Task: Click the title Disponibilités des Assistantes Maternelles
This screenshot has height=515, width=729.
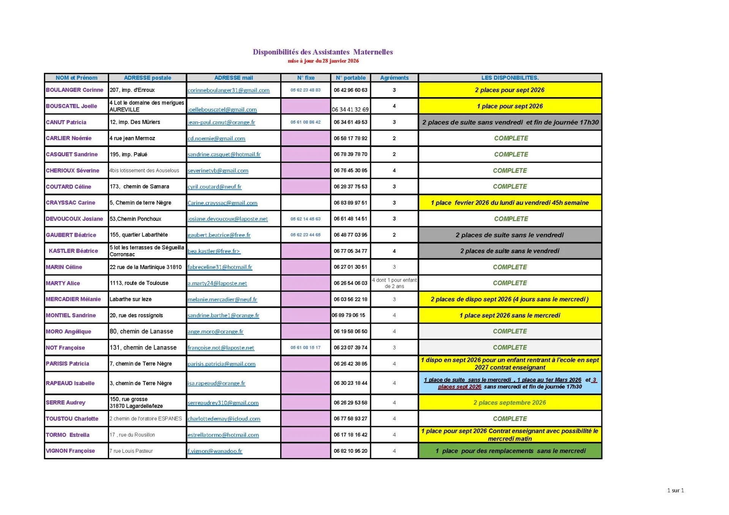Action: (323, 52)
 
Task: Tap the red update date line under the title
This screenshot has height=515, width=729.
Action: (323, 61)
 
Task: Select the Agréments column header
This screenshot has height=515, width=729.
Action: (394, 78)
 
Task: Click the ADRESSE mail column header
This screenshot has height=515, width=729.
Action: (234, 78)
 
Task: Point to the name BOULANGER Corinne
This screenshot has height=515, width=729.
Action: (74, 90)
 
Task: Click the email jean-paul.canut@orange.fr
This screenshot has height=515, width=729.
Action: (221, 122)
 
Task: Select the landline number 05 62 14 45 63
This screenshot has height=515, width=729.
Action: (305, 219)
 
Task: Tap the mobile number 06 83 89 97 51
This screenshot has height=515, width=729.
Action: (350, 203)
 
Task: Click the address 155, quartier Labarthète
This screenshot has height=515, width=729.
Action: (139, 235)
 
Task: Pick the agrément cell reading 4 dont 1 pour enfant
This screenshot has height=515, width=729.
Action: (394, 283)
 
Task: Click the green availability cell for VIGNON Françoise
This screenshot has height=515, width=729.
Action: (510, 451)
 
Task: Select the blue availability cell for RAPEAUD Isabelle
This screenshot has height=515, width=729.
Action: (510, 383)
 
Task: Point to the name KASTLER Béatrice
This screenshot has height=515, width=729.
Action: (73, 251)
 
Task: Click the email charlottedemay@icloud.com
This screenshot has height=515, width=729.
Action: (224, 419)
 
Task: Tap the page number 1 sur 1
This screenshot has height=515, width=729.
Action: (675, 490)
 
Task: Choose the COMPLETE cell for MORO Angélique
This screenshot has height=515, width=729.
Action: (510, 331)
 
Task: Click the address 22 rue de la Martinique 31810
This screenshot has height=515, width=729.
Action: (145, 267)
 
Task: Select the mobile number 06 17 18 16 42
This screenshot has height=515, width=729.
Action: (350, 435)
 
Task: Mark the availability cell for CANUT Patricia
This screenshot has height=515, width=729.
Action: (510, 122)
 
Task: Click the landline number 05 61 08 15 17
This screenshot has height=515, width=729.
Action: (305, 348)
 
